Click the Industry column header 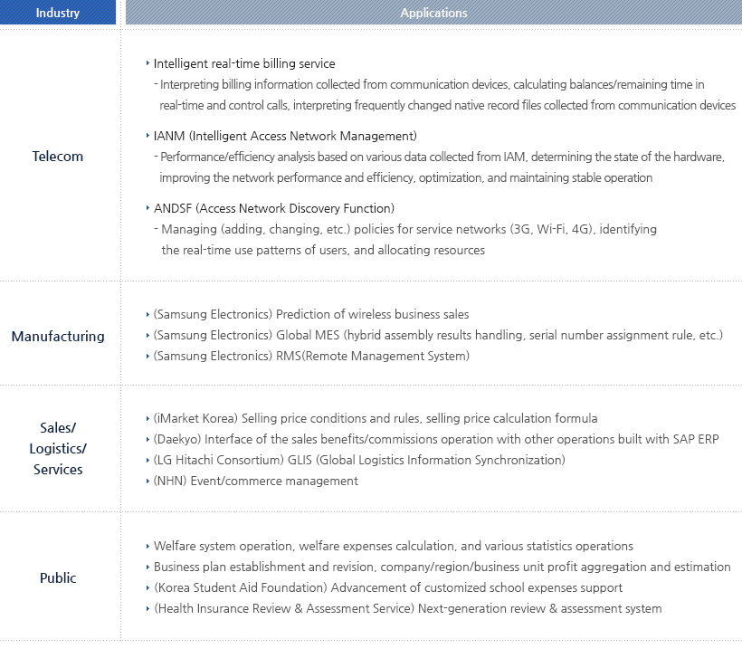58,13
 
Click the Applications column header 433,13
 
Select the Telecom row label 58,157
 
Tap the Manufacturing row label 58,337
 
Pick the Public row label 58,578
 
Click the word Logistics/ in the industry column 58,448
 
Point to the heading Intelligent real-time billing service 244,63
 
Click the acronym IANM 168,136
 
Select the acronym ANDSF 173,208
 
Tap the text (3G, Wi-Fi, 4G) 552,229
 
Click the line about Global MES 438,335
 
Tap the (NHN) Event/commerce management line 255,481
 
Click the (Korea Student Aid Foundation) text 240,587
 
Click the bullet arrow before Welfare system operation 147,546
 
